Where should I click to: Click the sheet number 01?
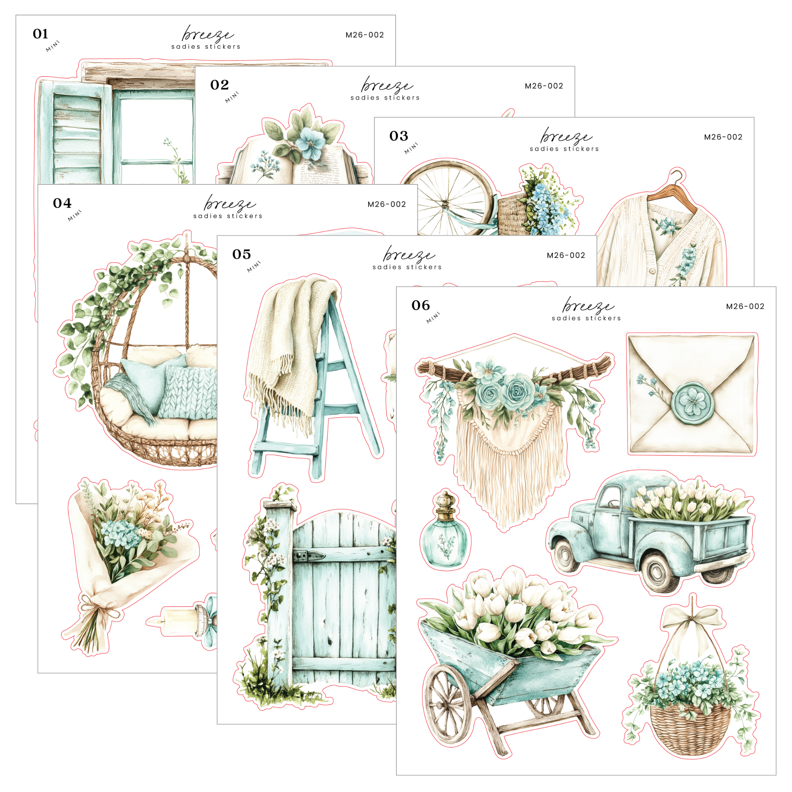pyautogui.click(x=41, y=34)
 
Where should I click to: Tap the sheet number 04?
pyautogui.click(x=62, y=203)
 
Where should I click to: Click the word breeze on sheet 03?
pyautogui.click(x=566, y=136)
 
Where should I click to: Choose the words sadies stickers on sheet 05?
pyautogui.click(x=407, y=267)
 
